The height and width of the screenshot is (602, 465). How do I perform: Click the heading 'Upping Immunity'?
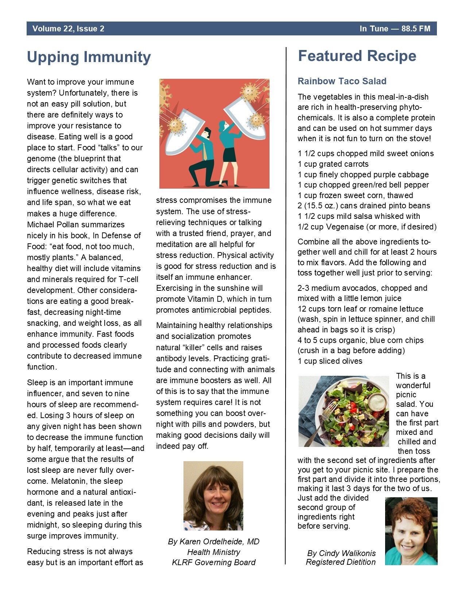click(x=89, y=57)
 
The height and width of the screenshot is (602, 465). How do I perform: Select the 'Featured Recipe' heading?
click(x=357, y=56)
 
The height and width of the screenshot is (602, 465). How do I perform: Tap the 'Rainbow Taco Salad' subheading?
click(x=342, y=81)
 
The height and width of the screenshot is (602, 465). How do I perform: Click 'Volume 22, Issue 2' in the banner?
click(x=68, y=29)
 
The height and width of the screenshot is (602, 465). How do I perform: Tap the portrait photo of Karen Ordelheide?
click(x=213, y=495)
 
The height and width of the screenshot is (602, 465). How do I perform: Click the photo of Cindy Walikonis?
click(x=411, y=531)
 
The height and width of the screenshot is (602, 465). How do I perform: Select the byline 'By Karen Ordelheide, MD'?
click(x=213, y=541)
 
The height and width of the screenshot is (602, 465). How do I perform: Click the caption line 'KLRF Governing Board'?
click(x=213, y=562)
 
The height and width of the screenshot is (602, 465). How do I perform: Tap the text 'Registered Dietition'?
click(x=340, y=562)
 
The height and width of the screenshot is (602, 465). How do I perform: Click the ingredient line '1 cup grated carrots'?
click(x=333, y=164)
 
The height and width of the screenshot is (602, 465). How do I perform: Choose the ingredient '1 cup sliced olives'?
click(x=330, y=361)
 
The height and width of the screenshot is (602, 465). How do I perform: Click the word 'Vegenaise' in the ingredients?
click(x=345, y=227)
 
